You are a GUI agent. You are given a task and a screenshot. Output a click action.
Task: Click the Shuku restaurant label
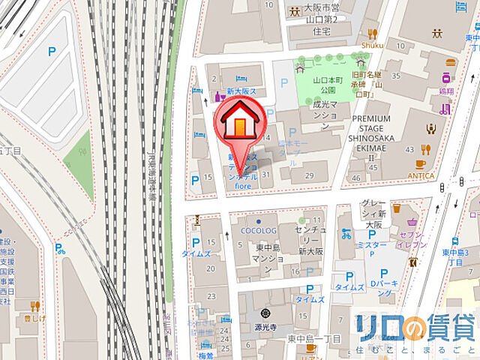[x=372, y=44]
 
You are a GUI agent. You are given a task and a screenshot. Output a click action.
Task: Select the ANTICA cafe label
[x=420, y=175]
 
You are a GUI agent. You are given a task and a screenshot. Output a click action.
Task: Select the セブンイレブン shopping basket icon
[x=413, y=223]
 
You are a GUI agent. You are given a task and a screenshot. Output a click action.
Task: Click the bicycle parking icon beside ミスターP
[x=346, y=232]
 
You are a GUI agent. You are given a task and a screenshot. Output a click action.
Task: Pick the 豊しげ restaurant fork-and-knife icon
[x=34, y=305]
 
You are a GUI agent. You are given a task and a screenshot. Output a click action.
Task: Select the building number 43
[x=409, y=151]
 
